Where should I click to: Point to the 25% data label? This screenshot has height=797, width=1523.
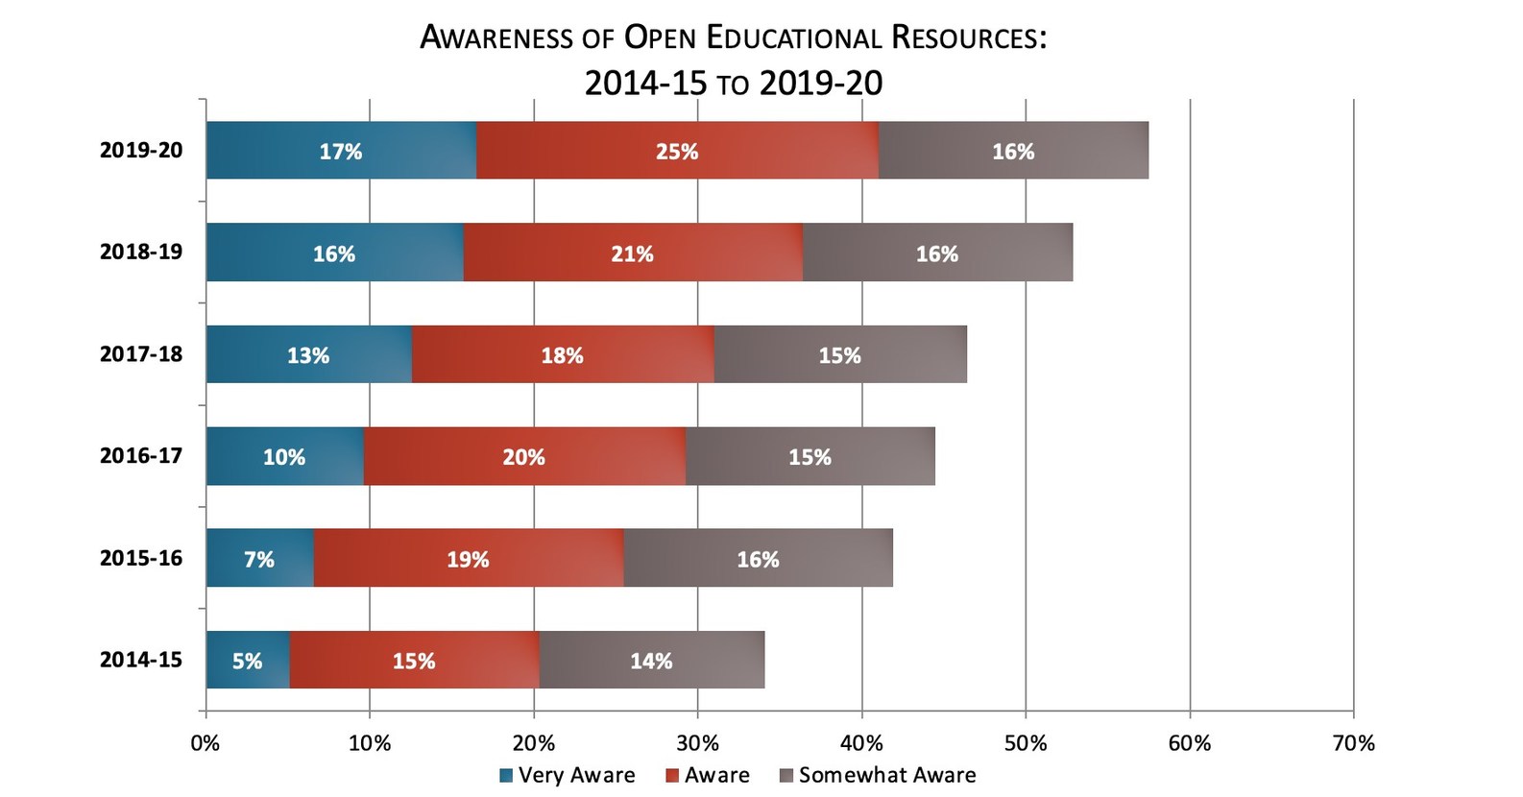point(677,152)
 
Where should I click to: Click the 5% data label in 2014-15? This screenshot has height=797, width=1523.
point(247,661)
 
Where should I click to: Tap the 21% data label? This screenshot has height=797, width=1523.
point(633,254)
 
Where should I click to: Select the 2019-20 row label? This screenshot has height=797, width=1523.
point(141,150)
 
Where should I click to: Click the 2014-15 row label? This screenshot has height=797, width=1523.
point(141,659)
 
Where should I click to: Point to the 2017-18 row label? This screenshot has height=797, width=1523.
point(141,353)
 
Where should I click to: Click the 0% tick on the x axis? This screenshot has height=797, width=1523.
point(205,743)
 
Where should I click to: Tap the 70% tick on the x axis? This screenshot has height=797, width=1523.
point(1354,743)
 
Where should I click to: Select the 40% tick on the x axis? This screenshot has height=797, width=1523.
point(861,743)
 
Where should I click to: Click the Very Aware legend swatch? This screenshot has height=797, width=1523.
point(506,776)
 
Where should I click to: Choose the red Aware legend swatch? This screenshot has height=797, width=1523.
point(672,776)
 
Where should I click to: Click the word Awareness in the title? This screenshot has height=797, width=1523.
point(497,37)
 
